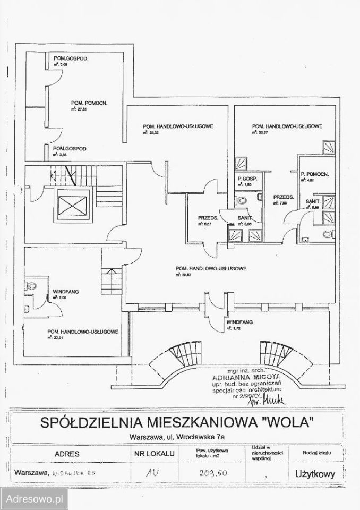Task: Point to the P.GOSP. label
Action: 247,178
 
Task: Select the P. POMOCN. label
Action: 315,174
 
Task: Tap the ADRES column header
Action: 66,454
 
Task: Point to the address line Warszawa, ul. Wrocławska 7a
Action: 179,437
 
